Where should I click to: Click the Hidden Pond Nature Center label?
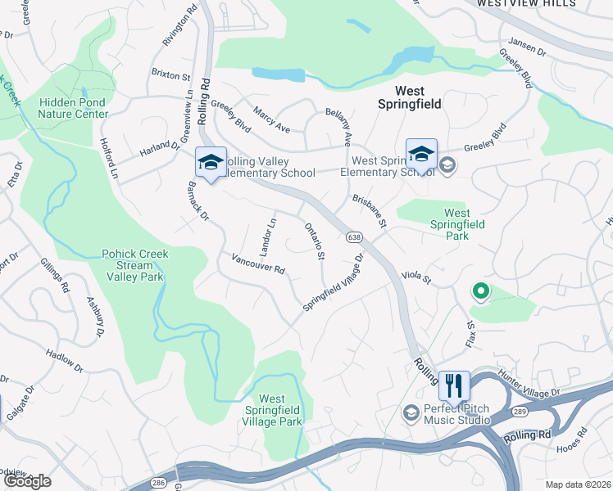point(72,108)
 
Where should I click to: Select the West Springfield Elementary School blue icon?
point(421,153)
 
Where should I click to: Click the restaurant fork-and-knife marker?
point(454,384)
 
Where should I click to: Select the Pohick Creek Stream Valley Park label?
point(135,265)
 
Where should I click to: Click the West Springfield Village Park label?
point(272,410)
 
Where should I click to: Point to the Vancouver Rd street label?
point(257,264)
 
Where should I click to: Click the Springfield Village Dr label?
point(333,282)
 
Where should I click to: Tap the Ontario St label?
point(315,242)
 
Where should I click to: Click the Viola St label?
point(416,278)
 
